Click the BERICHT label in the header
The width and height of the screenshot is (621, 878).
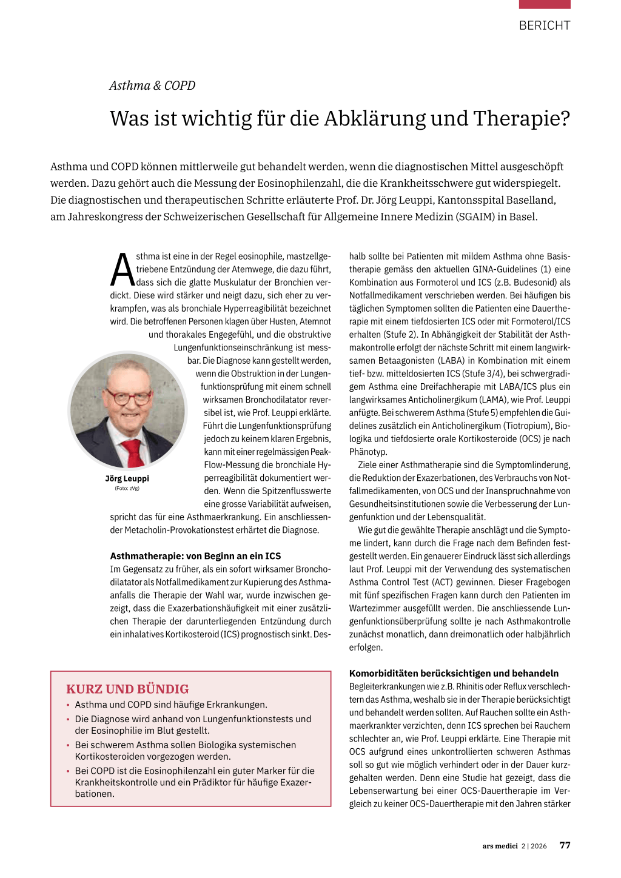545,25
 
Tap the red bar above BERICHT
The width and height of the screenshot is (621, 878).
545,4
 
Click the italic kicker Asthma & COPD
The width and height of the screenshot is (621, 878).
152,85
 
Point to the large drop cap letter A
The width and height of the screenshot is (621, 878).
123,270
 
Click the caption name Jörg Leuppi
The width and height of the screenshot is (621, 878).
127,478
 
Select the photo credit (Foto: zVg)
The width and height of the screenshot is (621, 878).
127,488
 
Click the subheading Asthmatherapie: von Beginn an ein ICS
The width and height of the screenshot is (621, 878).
195,556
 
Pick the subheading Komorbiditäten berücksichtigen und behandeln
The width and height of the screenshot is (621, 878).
454,673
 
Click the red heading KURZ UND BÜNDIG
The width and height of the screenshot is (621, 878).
127,689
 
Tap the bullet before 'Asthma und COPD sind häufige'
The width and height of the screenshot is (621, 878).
69,705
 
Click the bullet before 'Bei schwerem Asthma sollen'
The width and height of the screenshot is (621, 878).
69,745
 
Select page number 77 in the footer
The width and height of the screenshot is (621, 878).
565,845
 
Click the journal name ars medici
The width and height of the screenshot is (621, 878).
500,846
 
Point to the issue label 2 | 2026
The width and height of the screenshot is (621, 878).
534,846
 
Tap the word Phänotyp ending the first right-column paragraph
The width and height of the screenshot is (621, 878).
368,452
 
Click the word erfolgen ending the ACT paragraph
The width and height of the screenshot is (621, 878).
366,648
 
